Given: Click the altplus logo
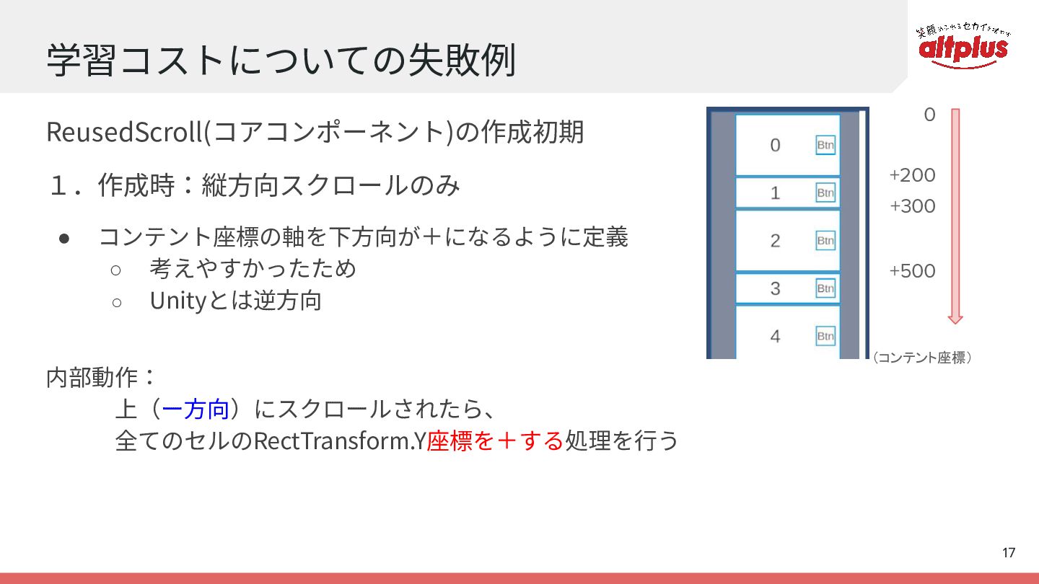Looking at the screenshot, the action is point(963,45).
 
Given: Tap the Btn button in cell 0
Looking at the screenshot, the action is point(825,145).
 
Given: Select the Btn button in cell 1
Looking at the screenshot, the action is point(825,193).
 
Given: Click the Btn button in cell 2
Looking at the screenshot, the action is point(825,241).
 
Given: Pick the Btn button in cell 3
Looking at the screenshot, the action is point(825,288).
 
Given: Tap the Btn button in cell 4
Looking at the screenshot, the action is point(825,336).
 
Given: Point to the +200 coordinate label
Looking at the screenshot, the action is point(912,175).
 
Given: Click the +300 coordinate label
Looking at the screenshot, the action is point(912,206).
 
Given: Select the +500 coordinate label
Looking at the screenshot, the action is point(912,271).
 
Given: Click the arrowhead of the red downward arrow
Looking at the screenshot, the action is point(955,320).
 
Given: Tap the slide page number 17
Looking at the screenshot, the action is point(1009,552).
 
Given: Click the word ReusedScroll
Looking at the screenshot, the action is point(125,132).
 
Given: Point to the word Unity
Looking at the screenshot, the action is point(177,301).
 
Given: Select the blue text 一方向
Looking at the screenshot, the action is point(196,410).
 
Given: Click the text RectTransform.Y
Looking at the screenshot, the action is point(340,441).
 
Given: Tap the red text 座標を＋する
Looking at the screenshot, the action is point(495,441).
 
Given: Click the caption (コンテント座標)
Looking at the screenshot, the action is point(921,358).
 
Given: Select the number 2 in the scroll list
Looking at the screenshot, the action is point(775,241).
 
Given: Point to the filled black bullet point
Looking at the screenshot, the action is point(64,239).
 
